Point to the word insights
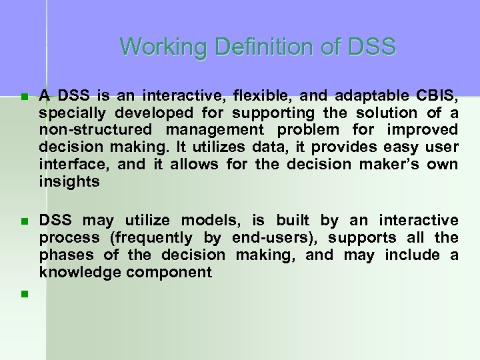pyautogui.click(x=68, y=181)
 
